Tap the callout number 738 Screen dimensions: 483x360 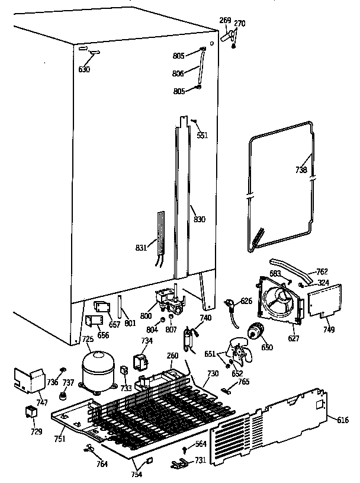(301, 169)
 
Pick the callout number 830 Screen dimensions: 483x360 (200, 219)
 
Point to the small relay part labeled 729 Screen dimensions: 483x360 (30, 412)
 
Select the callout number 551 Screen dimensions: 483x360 (203, 136)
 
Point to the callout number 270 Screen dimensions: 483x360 (239, 24)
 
